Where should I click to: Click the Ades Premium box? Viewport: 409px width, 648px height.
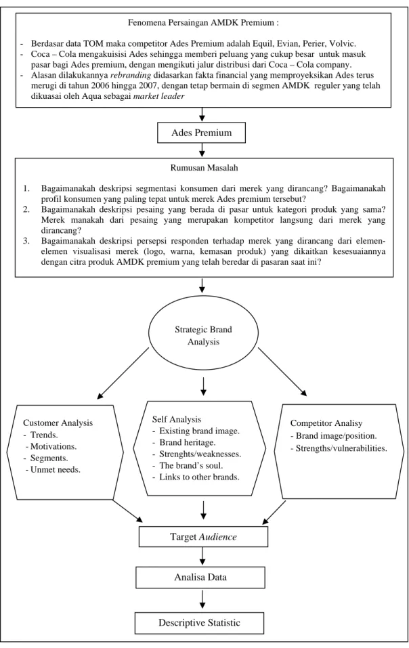point(202,133)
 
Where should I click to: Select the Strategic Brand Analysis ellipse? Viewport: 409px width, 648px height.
point(203,334)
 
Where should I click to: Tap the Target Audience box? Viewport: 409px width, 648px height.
point(203,537)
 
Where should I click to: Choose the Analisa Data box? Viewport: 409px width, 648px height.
point(200,578)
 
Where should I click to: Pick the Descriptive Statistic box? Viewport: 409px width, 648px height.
point(199,623)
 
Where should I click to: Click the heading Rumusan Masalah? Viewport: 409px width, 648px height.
point(204,168)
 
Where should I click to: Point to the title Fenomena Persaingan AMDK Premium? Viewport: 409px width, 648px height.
point(203,23)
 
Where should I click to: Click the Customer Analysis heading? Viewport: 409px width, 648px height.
point(58,423)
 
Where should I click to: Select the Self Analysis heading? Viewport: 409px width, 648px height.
point(177,419)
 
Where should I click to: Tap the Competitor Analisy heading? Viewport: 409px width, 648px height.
point(326,423)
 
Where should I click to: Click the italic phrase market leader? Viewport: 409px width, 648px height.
point(158,96)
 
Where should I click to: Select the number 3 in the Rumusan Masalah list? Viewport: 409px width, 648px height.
point(26,240)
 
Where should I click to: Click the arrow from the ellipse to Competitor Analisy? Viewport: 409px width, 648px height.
point(283,372)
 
